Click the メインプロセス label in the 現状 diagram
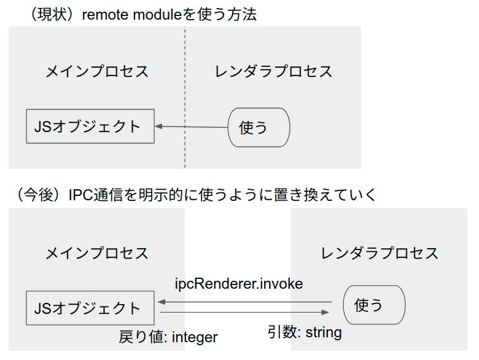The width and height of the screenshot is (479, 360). tap(97, 71)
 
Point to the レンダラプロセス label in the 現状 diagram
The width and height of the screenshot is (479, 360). tap(273, 71)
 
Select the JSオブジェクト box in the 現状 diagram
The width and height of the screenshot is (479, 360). tap(90, 127)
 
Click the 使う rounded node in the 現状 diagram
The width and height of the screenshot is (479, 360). tap(259, 127)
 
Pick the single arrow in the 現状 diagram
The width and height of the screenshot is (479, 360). tap(191, 127)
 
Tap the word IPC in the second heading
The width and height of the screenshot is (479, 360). tap(81, 195)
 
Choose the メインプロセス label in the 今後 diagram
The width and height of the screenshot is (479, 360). tap(97, 252)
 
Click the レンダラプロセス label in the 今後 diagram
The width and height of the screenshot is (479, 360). tap(380, 252)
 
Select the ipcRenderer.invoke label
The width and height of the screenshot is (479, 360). tap(239, 284)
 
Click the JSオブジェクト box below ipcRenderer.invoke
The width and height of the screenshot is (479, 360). tap(90, 308)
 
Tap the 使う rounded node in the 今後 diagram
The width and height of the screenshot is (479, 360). tap(374, 305)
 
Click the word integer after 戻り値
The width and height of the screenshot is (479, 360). tap(195, 337)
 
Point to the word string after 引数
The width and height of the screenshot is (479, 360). tap(323, 332)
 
